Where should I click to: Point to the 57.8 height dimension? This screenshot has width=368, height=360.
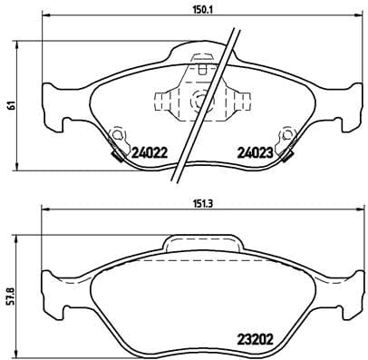point(10,296)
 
